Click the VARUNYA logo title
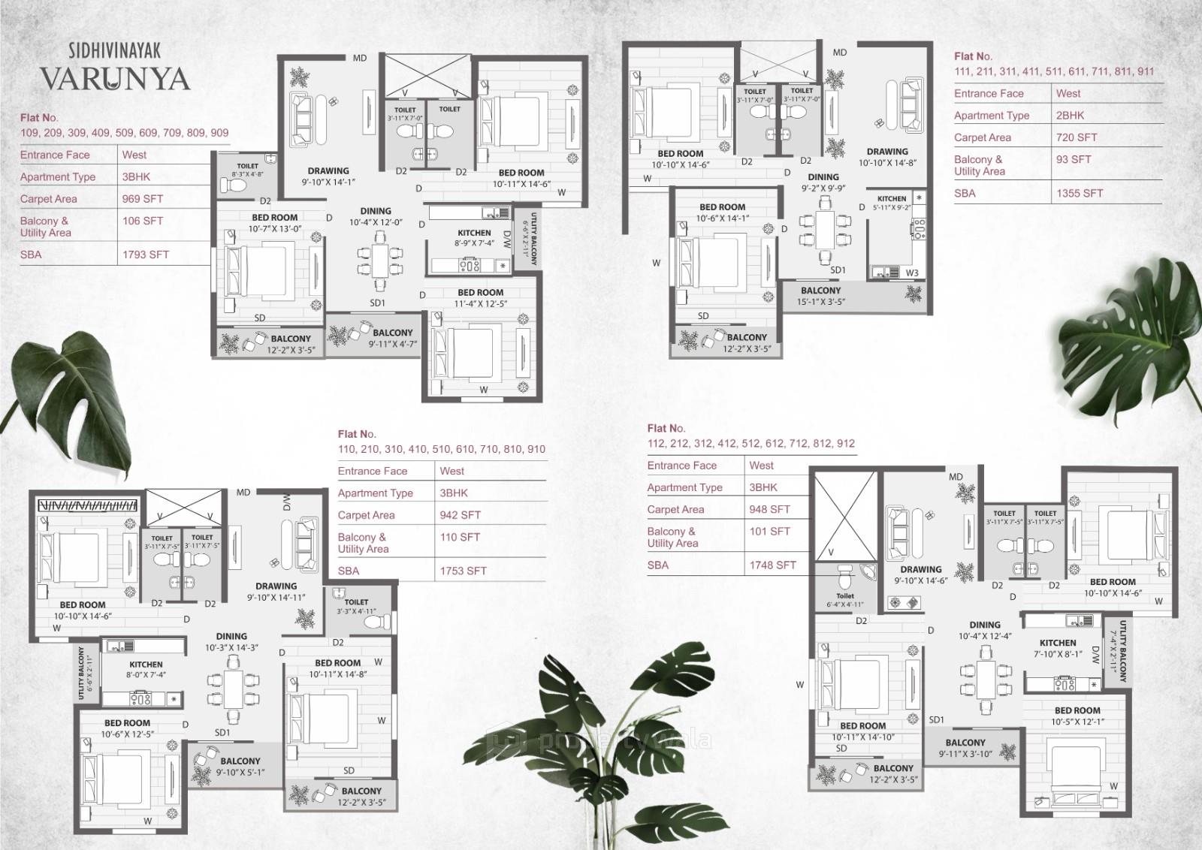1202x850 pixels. tap(114, 79)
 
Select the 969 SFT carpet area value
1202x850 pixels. tap(143, 199)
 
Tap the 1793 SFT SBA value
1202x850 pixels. tap(146, 255)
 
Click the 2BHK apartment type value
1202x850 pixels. tap(1070, 116)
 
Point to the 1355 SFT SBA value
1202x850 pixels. tap(1080, 193)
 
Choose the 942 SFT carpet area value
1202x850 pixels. tap(460, 515)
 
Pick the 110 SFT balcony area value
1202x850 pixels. tap(460, 537)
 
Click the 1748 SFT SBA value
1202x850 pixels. tap(772, 565)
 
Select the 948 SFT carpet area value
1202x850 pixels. tap(769, 509)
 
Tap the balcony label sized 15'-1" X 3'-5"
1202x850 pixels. tap(821, 296)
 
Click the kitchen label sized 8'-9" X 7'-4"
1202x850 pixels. tap(474, 238)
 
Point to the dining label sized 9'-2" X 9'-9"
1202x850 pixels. tap(823, 182)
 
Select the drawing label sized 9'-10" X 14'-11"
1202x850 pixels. tap(276, 592)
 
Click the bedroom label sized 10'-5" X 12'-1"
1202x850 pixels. tap(1077, 716)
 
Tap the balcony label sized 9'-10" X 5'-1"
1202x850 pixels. tap(240, 766)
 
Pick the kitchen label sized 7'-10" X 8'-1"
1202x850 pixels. tap(1058, 648)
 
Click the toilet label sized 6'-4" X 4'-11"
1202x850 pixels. tap(845, 600)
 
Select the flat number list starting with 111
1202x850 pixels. tap(1054, 71)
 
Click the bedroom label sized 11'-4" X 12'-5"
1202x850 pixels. tap(481, 298)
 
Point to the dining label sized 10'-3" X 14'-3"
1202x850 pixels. tap(231, 641)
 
